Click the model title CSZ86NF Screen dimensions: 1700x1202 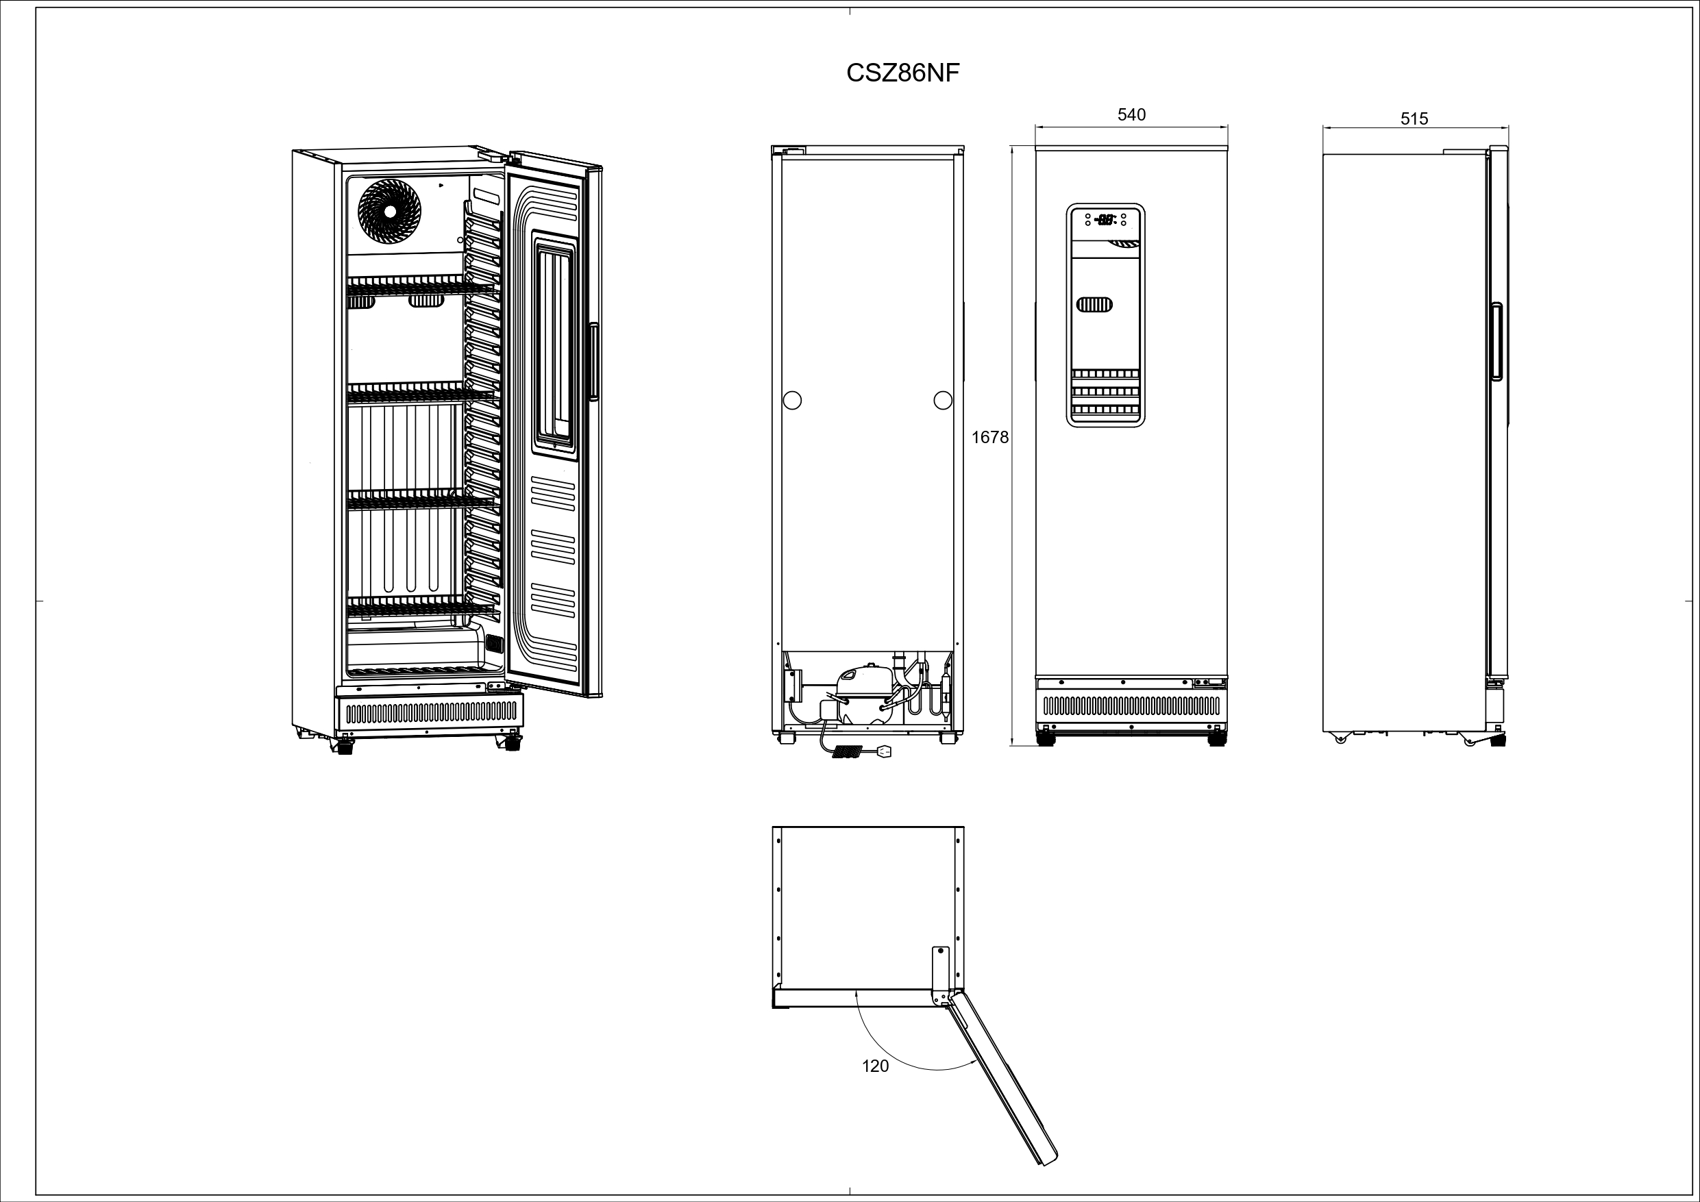902,73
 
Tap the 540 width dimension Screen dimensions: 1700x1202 1131,115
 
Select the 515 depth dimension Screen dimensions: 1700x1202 1414,118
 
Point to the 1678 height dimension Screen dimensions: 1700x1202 990,438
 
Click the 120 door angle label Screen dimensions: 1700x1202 875,1066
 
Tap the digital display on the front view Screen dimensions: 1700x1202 1105,219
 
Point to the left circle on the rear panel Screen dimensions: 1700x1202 792,401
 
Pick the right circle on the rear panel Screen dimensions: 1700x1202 943,401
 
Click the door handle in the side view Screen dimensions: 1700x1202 1496,341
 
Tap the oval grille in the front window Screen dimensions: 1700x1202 1095,304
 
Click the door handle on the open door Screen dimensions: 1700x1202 593,362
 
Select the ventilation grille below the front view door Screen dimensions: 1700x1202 1131,705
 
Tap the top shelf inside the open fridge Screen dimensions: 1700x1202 421,285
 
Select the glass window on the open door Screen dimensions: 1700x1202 554,341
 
